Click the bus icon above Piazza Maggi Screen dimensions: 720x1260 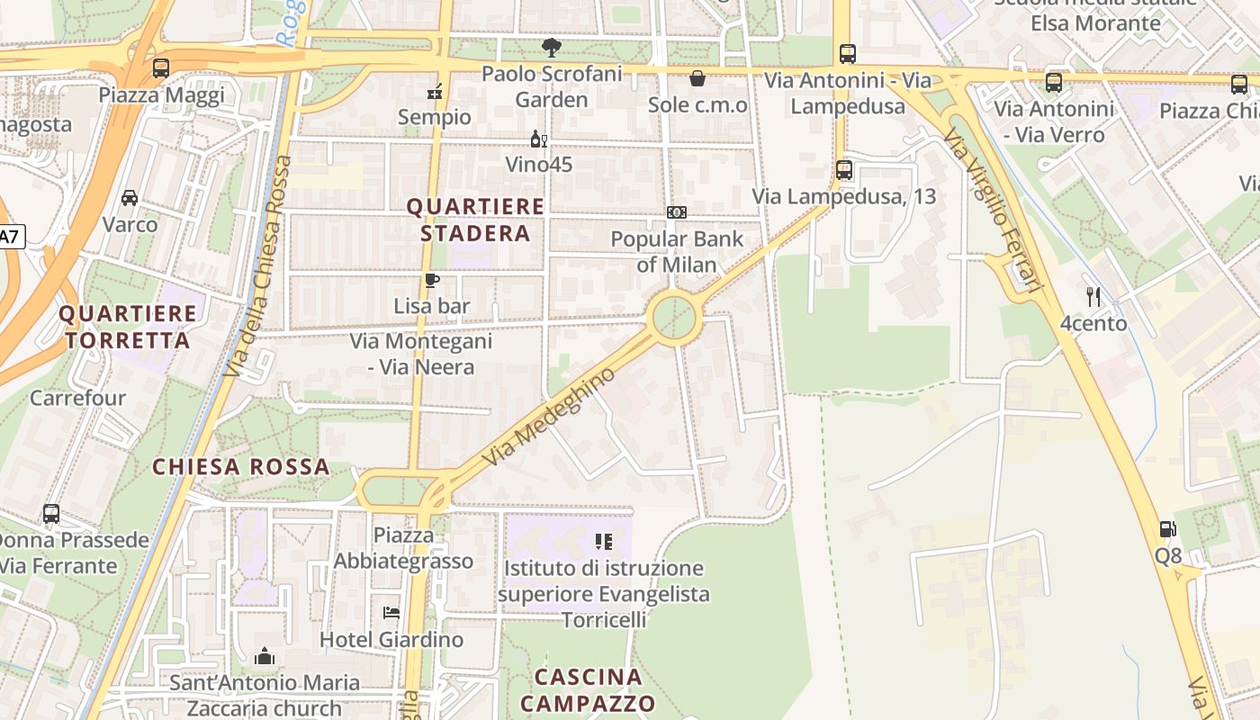[x=161, y=67]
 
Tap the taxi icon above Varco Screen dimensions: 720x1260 [x=130, y=197]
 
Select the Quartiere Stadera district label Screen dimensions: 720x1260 [x=475, y=220]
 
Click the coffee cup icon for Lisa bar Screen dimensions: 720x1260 [x=432, y=280]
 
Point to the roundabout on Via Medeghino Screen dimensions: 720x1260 [x=675, y=318]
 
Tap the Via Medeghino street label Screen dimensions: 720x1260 [x=549, y=416]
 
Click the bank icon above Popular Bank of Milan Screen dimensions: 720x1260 [x=677, y=212]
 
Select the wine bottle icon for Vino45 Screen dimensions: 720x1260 [x=538, y=139]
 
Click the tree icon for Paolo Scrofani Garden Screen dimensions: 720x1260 [x=552, y=47]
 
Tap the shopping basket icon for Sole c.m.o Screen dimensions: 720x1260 [x=697, y=78]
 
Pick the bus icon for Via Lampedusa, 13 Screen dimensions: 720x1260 [x=844, y=169]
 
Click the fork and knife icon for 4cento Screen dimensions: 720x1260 [x=1093, y=296]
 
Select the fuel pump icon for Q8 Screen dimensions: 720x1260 [x=1167, y=529]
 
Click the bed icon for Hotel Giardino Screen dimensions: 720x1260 [x=391, y=613]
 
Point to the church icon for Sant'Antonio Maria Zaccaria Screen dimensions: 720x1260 [x=265, y=656]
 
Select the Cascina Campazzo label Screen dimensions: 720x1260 [x=588, y=689]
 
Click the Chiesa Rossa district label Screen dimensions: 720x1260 [x=240, y=467]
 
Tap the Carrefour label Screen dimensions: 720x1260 [x=78, y=397]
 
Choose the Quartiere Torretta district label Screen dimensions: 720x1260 [x=127, y=327]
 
